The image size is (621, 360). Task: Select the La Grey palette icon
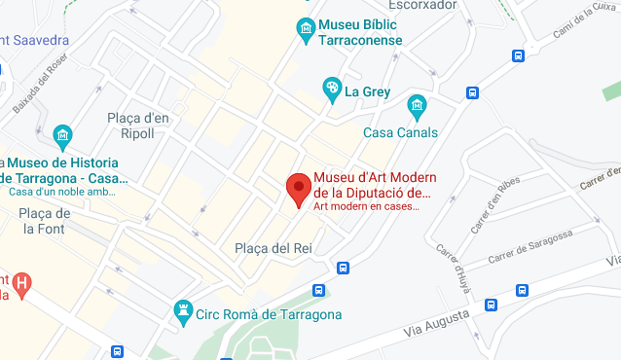[332, 90]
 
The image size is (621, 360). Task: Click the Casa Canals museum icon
[417, 104]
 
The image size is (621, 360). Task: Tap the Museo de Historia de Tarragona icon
[63, 134]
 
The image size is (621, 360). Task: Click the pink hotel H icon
[21, 283]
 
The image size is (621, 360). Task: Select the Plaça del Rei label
[273, 248]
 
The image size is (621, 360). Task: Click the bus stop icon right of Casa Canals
[473, 93]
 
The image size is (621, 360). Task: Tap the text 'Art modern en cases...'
[366, 205]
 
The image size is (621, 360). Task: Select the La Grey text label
[366, 91]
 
